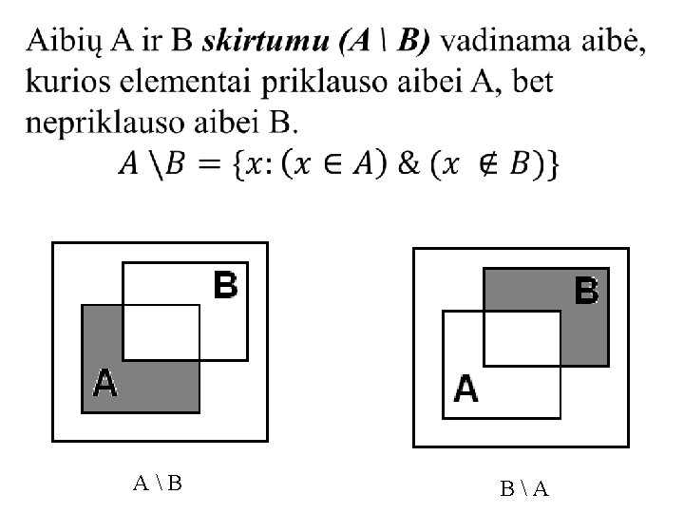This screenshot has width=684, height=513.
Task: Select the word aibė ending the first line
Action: [617, 42]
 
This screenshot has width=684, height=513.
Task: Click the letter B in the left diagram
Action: [226, 285]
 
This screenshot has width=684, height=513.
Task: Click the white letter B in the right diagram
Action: [586, 291]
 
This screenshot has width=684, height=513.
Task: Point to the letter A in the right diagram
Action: [465, 389]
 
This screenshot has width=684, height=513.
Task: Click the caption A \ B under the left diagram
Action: [158, 483]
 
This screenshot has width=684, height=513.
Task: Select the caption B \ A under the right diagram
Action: [524, 488]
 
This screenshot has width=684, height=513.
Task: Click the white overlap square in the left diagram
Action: [161, 332]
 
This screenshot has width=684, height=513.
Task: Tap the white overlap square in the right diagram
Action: [522, 337]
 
